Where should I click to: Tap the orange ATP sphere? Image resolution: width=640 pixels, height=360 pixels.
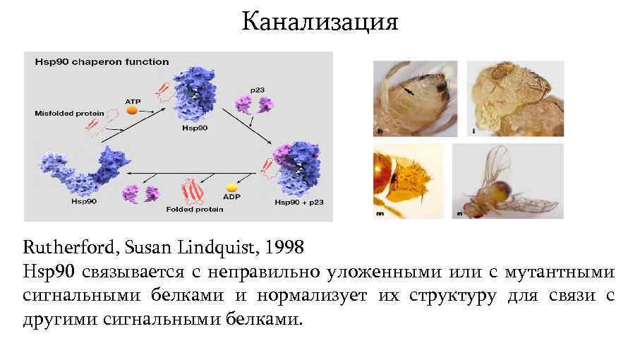pyautogui.click(x=131, y=109)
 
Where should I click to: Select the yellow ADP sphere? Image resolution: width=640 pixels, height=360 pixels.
pyautogui.click(x=231, y=188)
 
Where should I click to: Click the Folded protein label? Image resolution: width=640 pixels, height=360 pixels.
pyautogui.click(x=195, y=209)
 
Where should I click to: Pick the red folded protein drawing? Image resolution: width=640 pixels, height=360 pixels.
pyautogui.click(x=192, y=190)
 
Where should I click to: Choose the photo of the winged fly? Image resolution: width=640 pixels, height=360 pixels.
pyautogui.click(x=507, y=181)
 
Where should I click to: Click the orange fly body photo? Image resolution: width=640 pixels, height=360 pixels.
pyautogui.click(x=408, y=181)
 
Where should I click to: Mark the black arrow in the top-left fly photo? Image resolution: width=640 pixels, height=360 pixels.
pyautogui.click(x=409, y=90)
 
